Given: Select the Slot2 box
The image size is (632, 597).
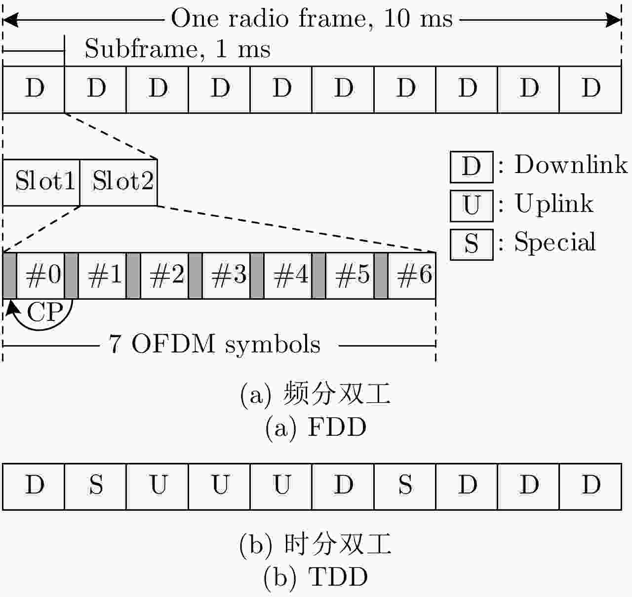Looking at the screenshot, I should tap(118, 182).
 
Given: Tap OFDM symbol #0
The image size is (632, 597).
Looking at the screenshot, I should tap(43, 275).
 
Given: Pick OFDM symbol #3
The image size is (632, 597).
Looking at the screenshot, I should tap(229, 275).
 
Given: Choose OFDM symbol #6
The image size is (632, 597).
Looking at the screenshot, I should tap(414, 275).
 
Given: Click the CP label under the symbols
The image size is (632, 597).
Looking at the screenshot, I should tap(44, 312).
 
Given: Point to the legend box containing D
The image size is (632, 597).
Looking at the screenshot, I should tap(471, 167).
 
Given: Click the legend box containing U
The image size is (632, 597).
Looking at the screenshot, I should tap(471, 205).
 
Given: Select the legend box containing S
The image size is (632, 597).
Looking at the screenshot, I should tap(471, 244).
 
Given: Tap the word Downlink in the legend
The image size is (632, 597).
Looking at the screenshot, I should tap(571, 165).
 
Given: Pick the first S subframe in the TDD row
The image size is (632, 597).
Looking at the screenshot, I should tap(96, 486).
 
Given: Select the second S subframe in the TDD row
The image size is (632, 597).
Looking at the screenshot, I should tap(405, 486).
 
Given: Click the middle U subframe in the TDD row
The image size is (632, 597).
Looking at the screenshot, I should tap(220, 486).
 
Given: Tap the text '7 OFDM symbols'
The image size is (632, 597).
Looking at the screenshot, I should tap(214, 344).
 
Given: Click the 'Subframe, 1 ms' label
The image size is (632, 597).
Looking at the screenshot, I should tap(177, 49).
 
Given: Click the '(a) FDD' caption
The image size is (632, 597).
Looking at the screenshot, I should tap(316, 427).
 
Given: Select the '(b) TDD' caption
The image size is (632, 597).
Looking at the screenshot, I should tap(316, 577).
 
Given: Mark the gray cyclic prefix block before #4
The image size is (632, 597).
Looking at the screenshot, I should tap(257, 275).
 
